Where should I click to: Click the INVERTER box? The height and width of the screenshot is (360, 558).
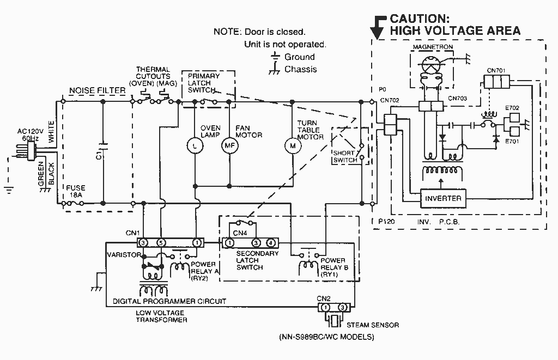click(443, 198)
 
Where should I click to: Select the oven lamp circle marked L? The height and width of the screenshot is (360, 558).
click(195, 145)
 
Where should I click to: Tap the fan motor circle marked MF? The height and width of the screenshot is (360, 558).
click(229, 145)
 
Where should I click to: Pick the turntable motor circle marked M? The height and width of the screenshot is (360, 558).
click(293, 145)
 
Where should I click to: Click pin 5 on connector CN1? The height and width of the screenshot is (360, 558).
click(161, 243)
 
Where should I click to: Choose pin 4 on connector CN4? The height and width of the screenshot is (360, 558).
click(271, 243)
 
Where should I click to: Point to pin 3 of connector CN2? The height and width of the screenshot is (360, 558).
click(342, 307)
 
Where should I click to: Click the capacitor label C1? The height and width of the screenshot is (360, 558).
click(100, 155)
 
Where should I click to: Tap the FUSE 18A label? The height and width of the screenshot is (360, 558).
click(75, 191)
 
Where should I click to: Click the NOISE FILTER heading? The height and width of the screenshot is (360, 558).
click(98, 91)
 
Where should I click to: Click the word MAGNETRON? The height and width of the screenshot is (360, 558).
click(433, 47)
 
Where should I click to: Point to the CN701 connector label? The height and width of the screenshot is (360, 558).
click(496, 70)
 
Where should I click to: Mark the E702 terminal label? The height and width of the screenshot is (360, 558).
click(512, 108)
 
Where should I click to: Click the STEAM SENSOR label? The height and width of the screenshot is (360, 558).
click(373, 325)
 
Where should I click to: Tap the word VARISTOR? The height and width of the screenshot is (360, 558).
click(124, 255)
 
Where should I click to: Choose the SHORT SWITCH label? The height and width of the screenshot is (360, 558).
click(345, 156)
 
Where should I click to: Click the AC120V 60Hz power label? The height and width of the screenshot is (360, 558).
click(31, 135)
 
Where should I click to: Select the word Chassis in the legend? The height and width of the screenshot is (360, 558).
click(300, 69)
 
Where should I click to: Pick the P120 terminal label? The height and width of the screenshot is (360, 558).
click(386, 222)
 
